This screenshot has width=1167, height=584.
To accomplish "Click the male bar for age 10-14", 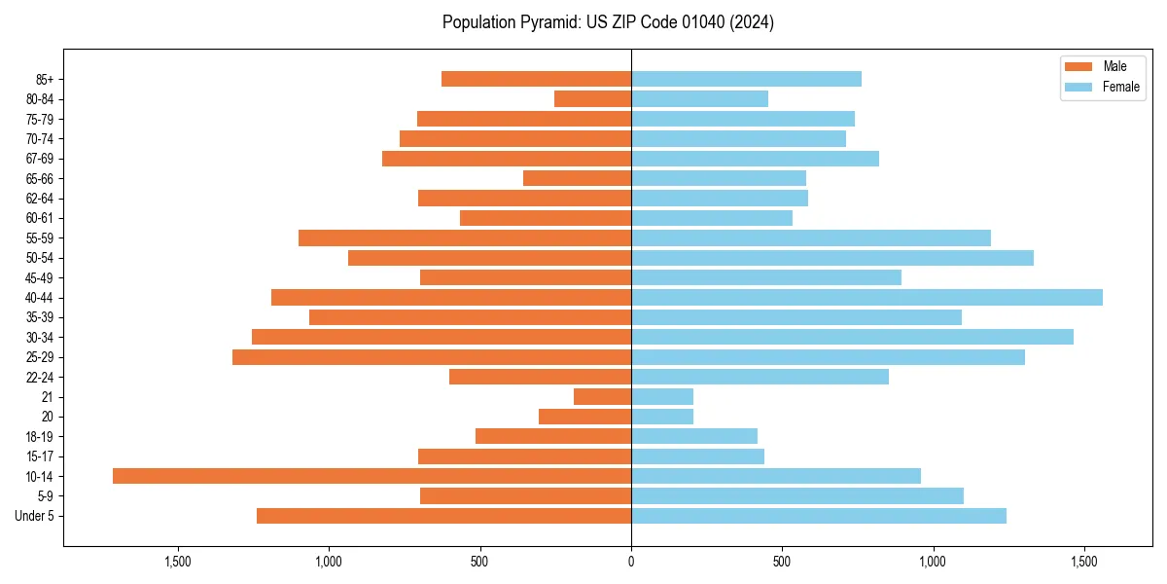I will (x=371, y=476).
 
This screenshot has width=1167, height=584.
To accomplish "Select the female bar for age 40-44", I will (x=866, y=297).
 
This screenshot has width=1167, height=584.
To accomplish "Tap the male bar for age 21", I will (x=602, y=396).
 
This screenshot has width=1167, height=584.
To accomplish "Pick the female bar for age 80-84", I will (x=699, y=98).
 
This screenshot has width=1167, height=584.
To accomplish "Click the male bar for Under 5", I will (x=443, y=516).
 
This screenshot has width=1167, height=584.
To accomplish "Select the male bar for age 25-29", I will (x=432, y=357).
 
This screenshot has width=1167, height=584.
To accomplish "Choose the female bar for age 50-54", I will (x=832, y=258).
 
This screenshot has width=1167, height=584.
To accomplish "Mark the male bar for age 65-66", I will (x=577, y=178).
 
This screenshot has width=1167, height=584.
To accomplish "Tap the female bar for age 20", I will (x=662, y=417).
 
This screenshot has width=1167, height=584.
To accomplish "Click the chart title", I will (x=608, y=22).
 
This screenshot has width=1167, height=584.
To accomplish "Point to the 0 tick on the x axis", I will (x=631, y=562).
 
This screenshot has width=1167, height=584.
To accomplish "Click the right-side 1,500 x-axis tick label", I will (x=1084, y=562).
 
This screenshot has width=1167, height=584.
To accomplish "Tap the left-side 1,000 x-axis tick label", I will (x=329, y=562).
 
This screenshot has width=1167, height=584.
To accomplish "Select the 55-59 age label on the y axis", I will (x=40, y=238).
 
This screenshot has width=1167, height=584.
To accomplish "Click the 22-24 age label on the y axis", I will (x=40, y=378).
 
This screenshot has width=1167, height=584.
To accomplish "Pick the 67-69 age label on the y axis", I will (x=40, y=159).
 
